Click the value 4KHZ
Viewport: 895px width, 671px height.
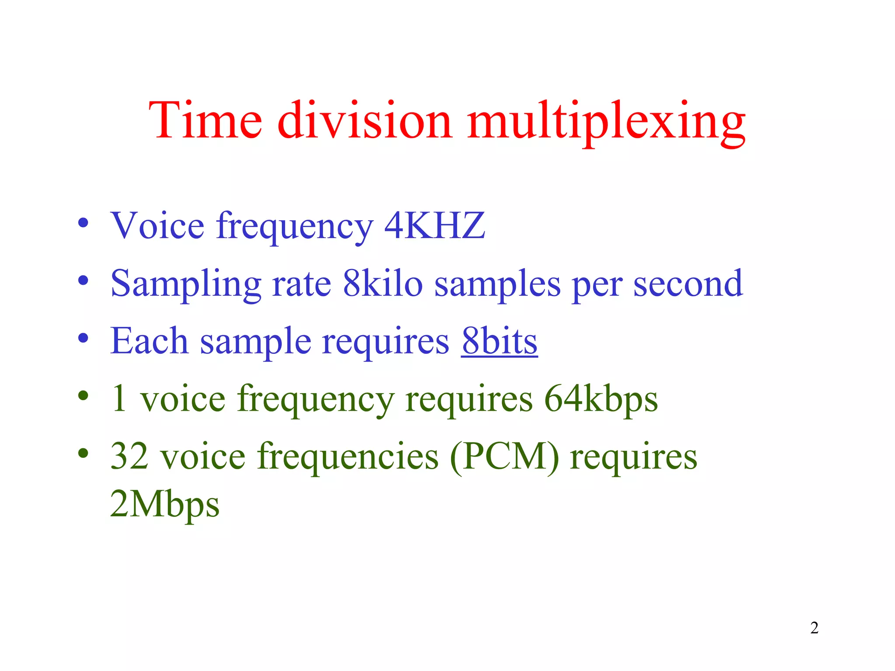(434, 225)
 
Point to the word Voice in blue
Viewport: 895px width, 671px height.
(157, 225)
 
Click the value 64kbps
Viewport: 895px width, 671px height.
(601, 399)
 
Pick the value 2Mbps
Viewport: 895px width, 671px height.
(165, 504)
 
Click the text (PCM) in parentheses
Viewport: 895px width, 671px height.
(504, 457)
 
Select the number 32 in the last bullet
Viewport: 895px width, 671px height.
(129, 456)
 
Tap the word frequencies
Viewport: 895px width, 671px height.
(348, 456)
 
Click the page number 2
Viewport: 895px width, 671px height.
(814, 628)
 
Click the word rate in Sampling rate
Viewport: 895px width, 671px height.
(301, 284)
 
